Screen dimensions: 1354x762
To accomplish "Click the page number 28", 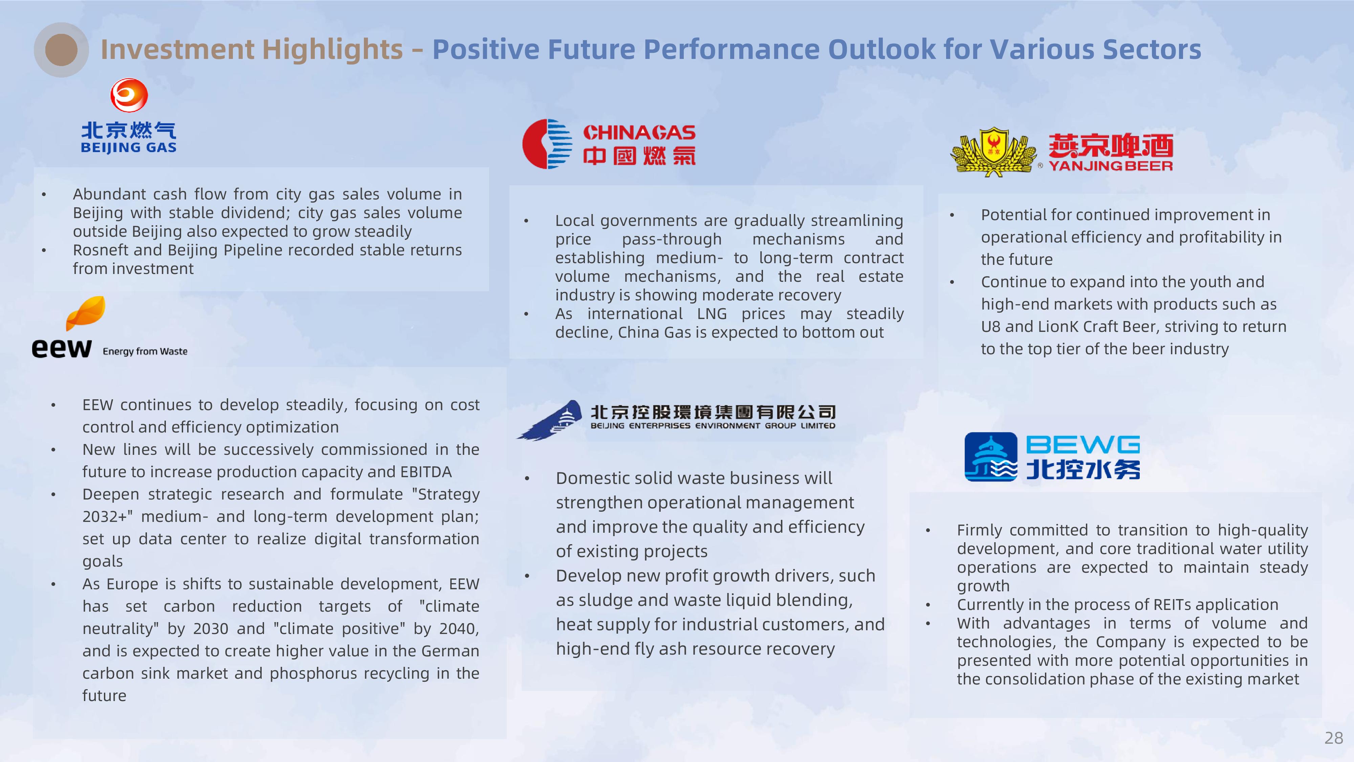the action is pos(1333,738).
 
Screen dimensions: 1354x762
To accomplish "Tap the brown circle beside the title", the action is pos(62,50).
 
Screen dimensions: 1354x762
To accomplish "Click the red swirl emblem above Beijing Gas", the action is pos(129,95).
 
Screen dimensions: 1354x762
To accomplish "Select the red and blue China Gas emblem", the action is pos(547,144).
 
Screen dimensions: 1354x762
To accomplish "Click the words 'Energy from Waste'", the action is pos(145,351).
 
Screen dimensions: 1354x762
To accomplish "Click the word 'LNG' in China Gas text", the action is pos(712,314).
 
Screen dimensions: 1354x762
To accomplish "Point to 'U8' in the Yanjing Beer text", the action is pos(991,326).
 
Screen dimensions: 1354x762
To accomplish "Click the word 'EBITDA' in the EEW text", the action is pos(426,472).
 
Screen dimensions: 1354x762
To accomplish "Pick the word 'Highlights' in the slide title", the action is pos(333,50).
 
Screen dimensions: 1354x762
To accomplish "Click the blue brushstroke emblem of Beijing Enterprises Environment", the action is pos(549,420).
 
